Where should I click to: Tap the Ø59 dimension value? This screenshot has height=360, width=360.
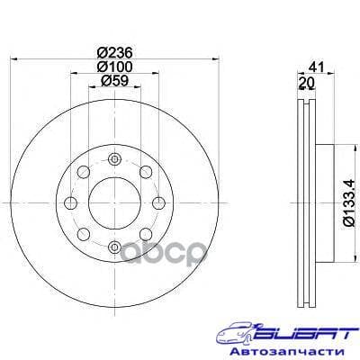pyautogui.click(x=112, y=81)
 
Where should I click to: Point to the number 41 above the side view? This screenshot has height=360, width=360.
pyautogui.click(x=315, y=66)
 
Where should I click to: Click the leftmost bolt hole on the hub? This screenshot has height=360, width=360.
pyautogui.click(x=70, y=202)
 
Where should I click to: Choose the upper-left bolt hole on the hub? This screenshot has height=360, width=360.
pyautogui.click(x=83, y=172)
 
